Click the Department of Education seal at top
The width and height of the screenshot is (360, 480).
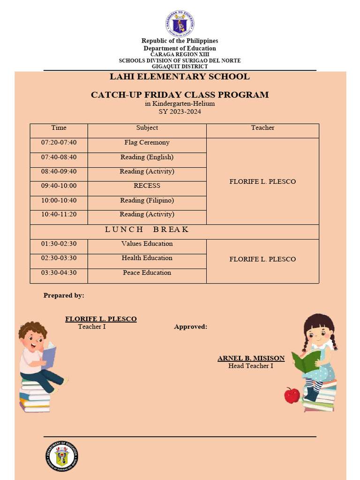click(x=180, y=23)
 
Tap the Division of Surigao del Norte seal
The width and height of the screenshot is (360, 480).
click(x=62, y=456)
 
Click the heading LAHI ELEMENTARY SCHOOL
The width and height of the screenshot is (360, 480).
click(x=180, y=77)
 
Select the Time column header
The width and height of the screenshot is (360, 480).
click(x=59, y=127)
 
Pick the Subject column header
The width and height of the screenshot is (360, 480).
click(x=147, y=127)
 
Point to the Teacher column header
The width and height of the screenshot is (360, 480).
click(x=262, y=127)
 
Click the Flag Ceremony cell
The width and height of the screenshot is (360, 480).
click(x=147, y=142)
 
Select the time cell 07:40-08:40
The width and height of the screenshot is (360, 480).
click(x=59, y=157)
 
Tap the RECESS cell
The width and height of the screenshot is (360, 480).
click(x=147, y=186)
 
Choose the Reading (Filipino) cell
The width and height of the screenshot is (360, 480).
click(x=147, y=200)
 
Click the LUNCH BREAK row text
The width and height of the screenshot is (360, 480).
click(x=147, y=229)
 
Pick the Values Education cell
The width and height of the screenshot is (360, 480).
click(x=147, y=244)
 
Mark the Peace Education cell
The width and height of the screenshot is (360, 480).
click(x=147, y=273)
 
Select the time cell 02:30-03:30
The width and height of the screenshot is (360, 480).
click(x=59, y=258)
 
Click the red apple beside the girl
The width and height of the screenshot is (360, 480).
click(x=292, y=395)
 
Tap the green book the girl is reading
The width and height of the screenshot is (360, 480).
click(x=306, y=361)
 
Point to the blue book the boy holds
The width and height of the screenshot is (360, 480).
click(x=49, y=354)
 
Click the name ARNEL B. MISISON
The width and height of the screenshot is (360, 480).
click(x=251, y=358)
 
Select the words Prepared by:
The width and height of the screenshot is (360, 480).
click(x=64, y=295)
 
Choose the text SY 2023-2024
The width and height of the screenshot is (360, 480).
click(x=180, y=112)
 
